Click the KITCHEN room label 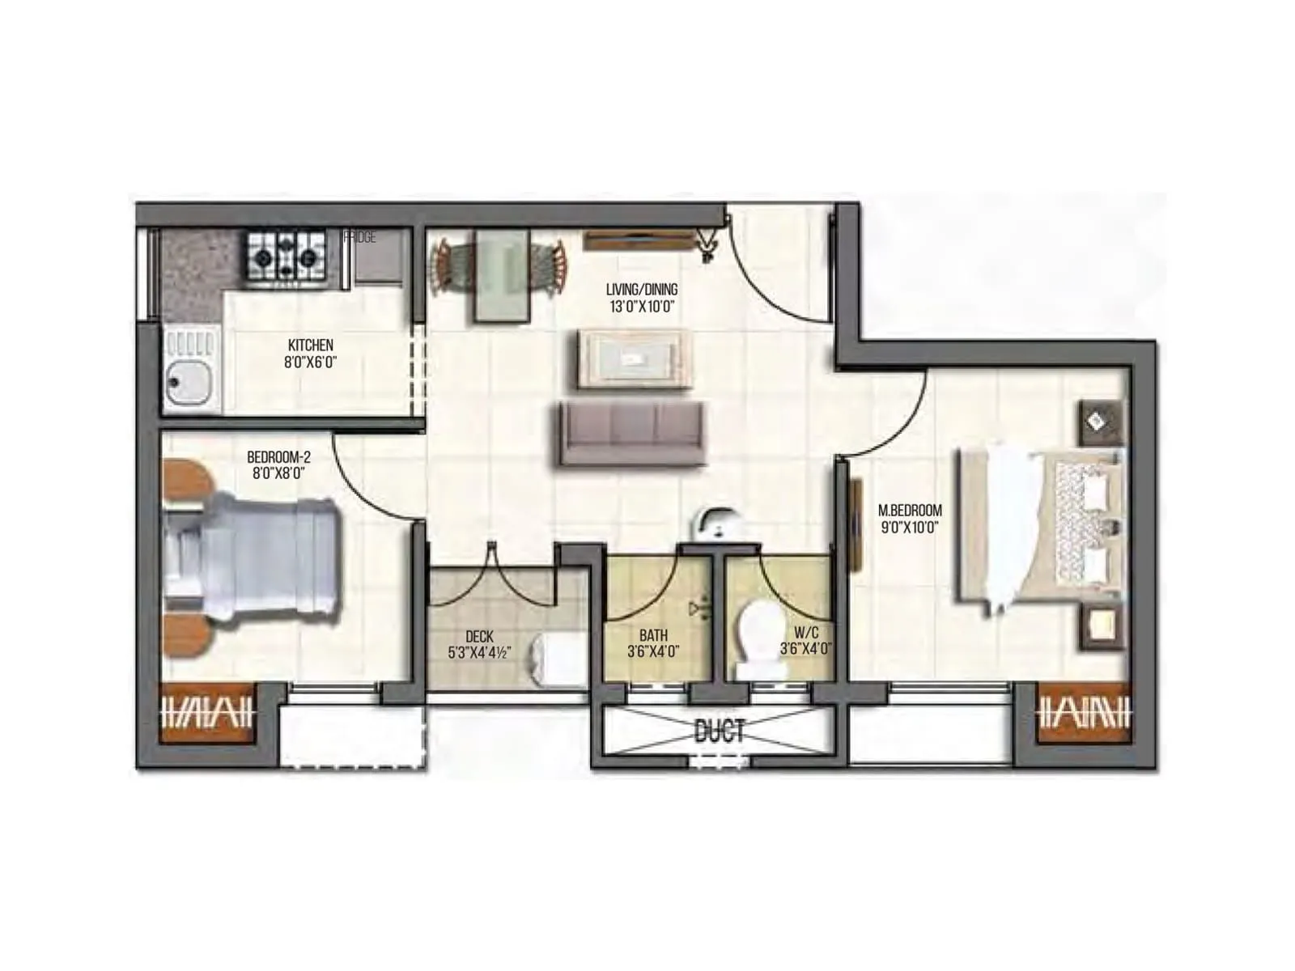tap(310, 346)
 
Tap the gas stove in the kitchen tap(286, 256)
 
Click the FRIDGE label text tap(360, 238)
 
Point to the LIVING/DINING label tap(642, 289)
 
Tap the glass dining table tap(501, 276)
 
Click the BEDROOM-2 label tap(278, 458)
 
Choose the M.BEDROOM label tap(910, 511)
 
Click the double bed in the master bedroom tap(1041, 527)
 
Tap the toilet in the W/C tap(761, 640)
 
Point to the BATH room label tap(653, 636)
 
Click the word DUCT tap(720, 732)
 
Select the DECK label tap(479, 637)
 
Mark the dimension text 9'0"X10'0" tap(910, 528)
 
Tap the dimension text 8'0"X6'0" tap(310, 363)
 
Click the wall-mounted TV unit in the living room tap(639, 240)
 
